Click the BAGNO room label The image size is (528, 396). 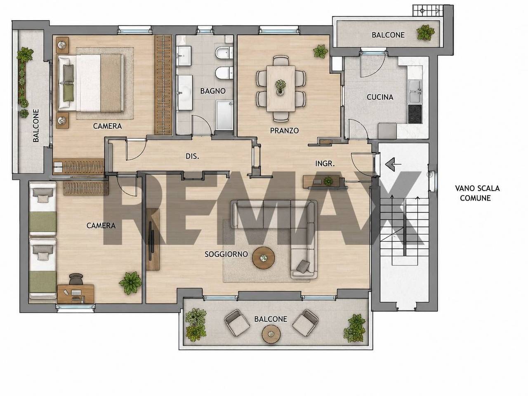tap(212, 91)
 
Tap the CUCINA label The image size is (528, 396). tap(380, 97)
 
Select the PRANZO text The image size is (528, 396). tap(284, 131)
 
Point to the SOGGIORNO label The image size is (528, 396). tap(226, 254)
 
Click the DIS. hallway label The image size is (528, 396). tap(193, 156)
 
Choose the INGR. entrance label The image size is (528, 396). tap(325, 164)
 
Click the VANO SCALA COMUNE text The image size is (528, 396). tap(477, 193)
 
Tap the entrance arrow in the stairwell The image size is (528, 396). tap(393, 164)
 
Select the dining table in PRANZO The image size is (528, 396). tap(281, 88)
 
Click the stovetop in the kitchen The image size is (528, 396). tap(415, 114)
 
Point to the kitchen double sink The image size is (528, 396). tap(415, 92)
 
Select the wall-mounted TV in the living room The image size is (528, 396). tap(151, 241)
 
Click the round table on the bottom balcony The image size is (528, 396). tap(271, 335)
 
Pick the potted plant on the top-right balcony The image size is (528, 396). tap(425, 32)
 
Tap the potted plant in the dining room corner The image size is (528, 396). tap(320, 51)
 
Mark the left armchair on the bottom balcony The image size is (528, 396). tap(237, 323)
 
